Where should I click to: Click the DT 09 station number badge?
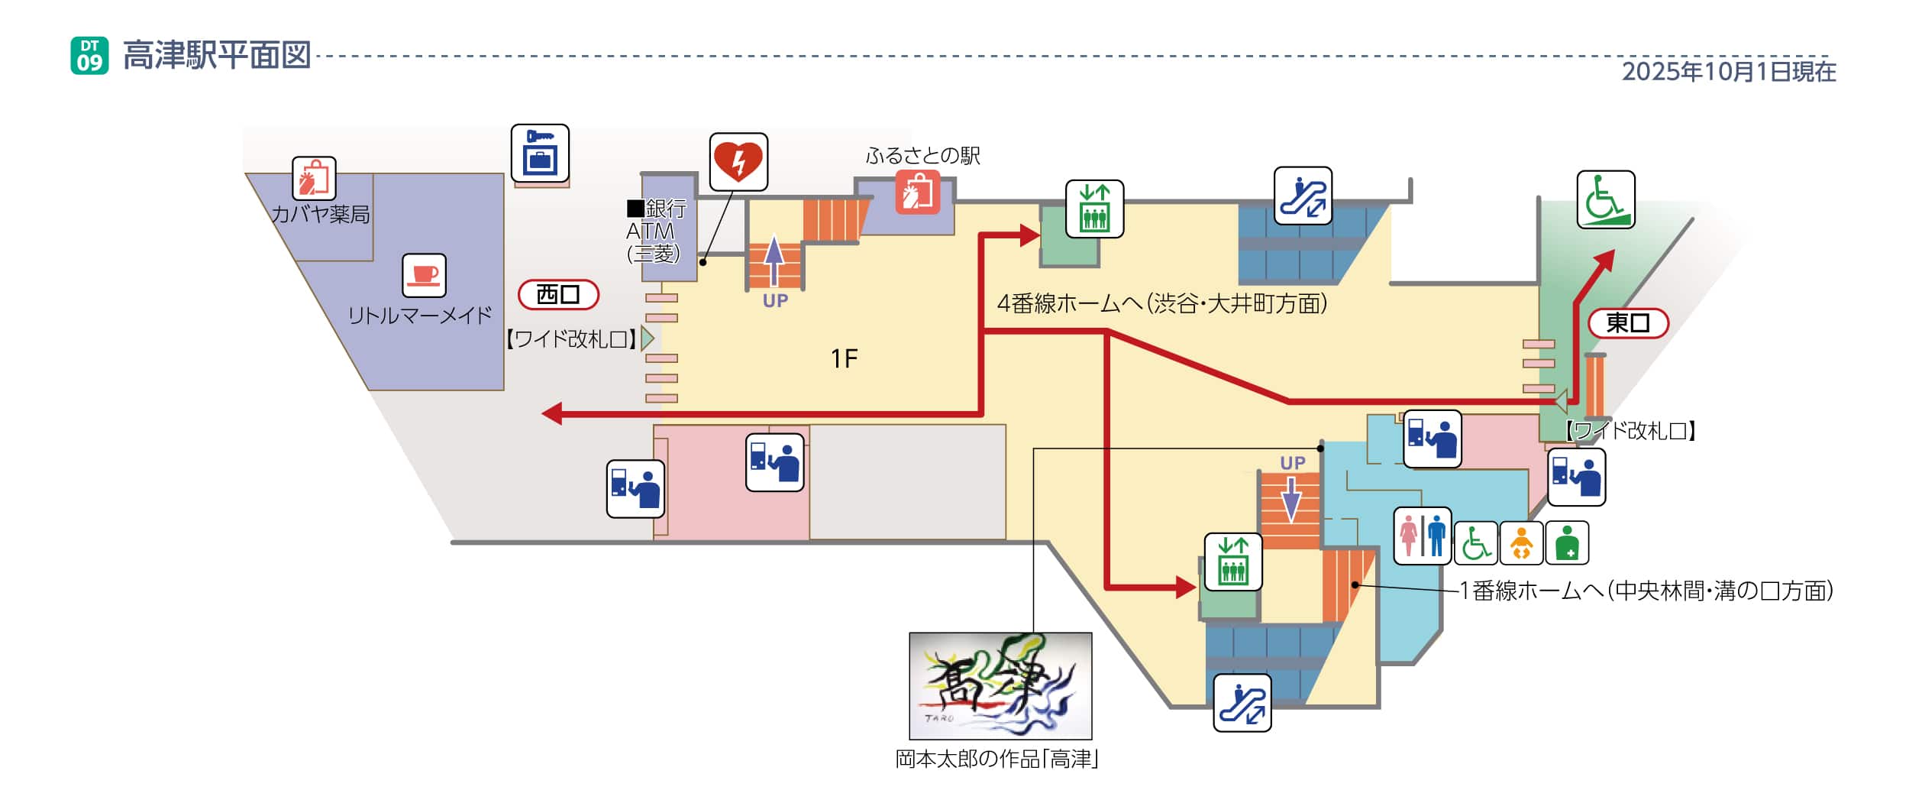pos(89,56)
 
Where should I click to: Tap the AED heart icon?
pos(738,162)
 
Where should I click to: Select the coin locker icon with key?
pos(540,153)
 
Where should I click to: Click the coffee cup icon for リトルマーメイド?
pos(424,275)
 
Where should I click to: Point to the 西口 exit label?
pos(558,294)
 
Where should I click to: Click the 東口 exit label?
pos(1627,323)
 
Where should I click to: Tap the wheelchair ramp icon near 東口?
pos(1605,199)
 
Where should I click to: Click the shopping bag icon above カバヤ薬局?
pos(314,178)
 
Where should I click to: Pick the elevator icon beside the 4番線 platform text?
pos(1094,209)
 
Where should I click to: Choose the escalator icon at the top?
pos(1303,196)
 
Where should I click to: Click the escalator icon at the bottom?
pos(1242,703)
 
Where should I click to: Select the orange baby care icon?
pos(1521,543)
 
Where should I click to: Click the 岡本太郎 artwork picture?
pos(1000,685)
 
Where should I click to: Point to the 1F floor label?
pos(844,358)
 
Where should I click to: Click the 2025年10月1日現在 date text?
pos(1728,72)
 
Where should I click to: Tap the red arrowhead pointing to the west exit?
pos(551,413)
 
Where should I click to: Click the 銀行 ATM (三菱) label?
pos(655,231)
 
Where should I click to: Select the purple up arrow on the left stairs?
pos(774,260)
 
